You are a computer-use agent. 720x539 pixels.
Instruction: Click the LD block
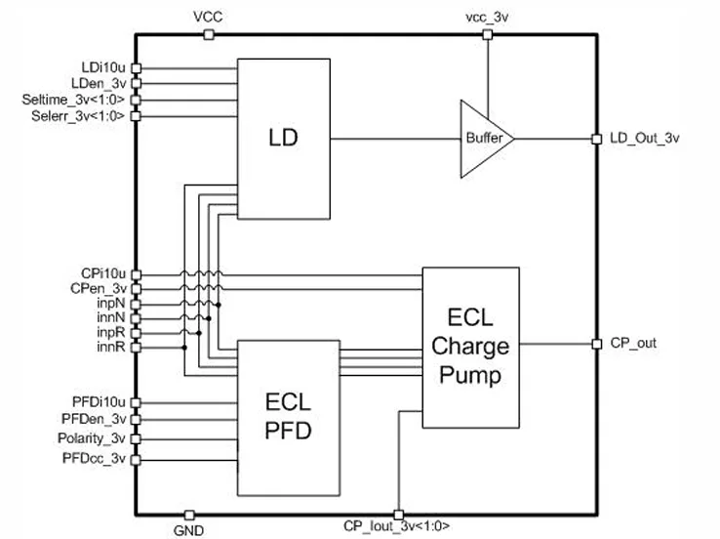pyautogui.click(x=284, y=139)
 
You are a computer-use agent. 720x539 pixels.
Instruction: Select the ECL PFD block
pyautogui.click(x=289, y=418)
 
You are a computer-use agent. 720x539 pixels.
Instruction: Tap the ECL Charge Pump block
pyautogui.click(x=470, y=348)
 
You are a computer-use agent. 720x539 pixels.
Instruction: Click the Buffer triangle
pyautogui.click(x=487, y=139)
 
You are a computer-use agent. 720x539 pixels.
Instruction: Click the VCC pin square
pyautogui.click(x=209, y=34)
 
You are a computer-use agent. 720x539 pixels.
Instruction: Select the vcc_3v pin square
pyautogui.click(x=488, y=34)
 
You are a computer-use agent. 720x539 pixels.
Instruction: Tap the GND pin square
pyautogui.click(x=189, y=515)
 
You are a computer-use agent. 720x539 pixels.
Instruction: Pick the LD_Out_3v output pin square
pyautogui.click(x=596, y=139)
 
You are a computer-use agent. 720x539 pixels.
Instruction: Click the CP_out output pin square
pyautogui.click(x=596, y=344)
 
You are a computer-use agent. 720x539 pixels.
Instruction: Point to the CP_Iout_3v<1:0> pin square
pyautogui.click(x=399, y=515)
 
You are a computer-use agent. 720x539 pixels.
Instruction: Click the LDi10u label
pyautogui.click(x=103, y=67)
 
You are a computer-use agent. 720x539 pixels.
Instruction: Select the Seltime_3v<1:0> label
pyautogui.click(x=73, y=100)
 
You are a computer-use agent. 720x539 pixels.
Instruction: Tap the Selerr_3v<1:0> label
pyautogui.click(x=78, y=116)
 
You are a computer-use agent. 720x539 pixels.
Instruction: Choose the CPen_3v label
pyautogui.click(x=99, y=288)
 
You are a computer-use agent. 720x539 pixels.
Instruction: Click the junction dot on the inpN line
pyautogui.click(x=219, y=305)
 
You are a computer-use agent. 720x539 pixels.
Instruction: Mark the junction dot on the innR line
pyautogui.click(x=184, y=348)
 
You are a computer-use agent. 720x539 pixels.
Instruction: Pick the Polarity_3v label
pyautogui.click(x=92, y=438)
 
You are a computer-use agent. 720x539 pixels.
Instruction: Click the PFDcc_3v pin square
pyautogui.click(x=136, y=460)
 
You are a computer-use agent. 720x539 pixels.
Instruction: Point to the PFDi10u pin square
pyautogui.click(x=136, y=402)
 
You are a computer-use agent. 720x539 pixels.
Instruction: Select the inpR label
pyautogui.click(x=111, y=332)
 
